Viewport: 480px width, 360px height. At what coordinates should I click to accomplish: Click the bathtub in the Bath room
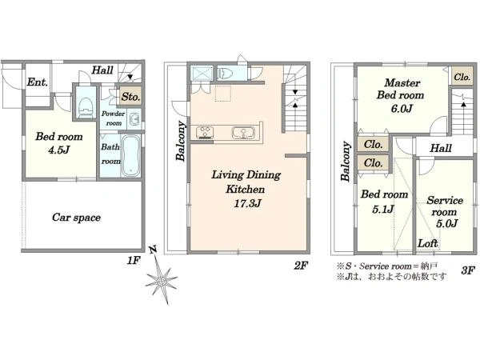(130, 156)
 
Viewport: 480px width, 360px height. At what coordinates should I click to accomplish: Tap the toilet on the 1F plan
(86, 106)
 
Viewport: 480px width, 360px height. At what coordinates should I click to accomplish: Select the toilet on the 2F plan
(226, 74)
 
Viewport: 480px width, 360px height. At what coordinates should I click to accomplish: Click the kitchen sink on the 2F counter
(243, 133)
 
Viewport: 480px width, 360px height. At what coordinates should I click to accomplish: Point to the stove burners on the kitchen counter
(205, 133)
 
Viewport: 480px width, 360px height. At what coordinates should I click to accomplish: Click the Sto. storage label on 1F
(130, 97)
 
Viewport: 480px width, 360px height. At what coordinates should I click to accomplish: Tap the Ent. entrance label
(38, 82)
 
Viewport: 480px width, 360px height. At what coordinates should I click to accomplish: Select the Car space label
(76, 218)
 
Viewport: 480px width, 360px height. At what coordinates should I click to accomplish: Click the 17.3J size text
(247, 203)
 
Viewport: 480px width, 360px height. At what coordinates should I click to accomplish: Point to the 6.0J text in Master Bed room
(402, 108)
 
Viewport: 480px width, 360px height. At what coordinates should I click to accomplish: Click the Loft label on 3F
(428, 243)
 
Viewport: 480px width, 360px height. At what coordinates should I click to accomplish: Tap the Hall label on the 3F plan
(441, 148)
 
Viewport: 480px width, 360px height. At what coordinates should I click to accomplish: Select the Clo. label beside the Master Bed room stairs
(462, 77)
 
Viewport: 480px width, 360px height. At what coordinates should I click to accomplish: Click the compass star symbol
(162, 281)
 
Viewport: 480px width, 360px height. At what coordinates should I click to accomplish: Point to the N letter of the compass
(153, 250)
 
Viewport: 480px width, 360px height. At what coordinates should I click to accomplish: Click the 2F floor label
(301, 266)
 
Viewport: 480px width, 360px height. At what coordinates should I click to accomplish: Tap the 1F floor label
(134, 261)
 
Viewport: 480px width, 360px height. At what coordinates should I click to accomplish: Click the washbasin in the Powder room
(134, 119)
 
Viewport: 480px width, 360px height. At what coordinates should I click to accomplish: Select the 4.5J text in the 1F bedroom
(59, 150)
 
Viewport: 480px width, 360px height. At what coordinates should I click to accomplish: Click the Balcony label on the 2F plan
(181, 141)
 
